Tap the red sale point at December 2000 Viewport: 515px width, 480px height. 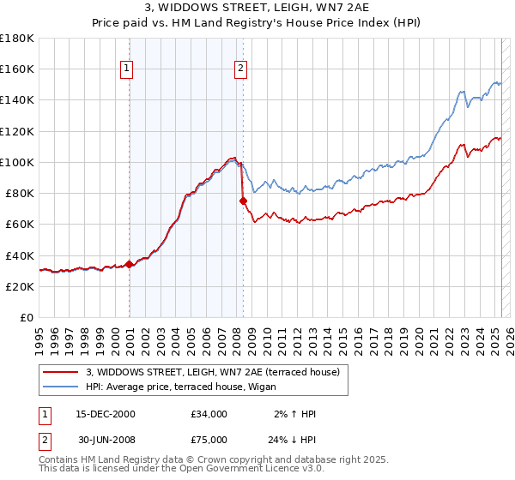click(x=130, y=264)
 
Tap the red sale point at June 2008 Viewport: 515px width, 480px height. click(x=243, y=201)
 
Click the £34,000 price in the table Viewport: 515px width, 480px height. click(x=209, y=414)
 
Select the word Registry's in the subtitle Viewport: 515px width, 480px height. click(x=294, y=24)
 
